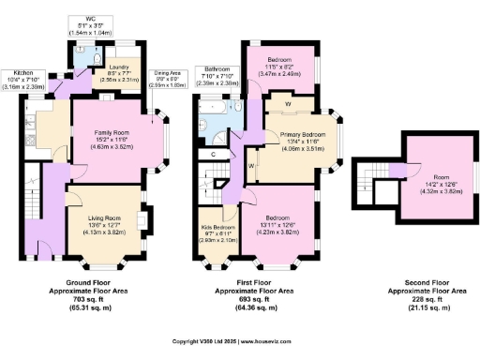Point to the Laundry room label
pyautogui.click(x=119, y=67)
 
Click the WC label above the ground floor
pyautogui.click(x=90, y=19)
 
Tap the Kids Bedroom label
pyautogui.click(x=217, y=228)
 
